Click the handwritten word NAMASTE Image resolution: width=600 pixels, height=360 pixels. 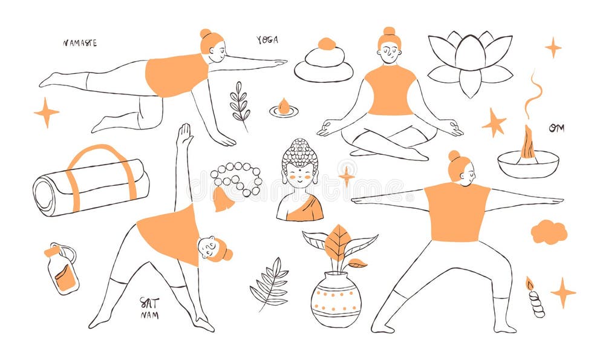(x=80, y=43)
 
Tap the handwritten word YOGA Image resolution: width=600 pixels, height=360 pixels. (x=267, y=40)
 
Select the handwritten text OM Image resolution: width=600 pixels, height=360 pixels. (x=556, y=128)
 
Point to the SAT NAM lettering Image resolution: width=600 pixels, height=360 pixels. (x=149, y=307)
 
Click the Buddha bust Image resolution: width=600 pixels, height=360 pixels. (x=300, y=181)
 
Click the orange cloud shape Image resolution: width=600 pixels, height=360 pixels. (x=549, y=232)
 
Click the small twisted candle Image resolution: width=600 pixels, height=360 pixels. (x=535, y=300)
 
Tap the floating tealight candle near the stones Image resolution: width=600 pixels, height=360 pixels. (x=284, y=109)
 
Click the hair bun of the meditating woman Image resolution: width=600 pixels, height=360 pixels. (x=389, y=31)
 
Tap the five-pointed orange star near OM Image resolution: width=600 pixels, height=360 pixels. (x=494, y=123)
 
